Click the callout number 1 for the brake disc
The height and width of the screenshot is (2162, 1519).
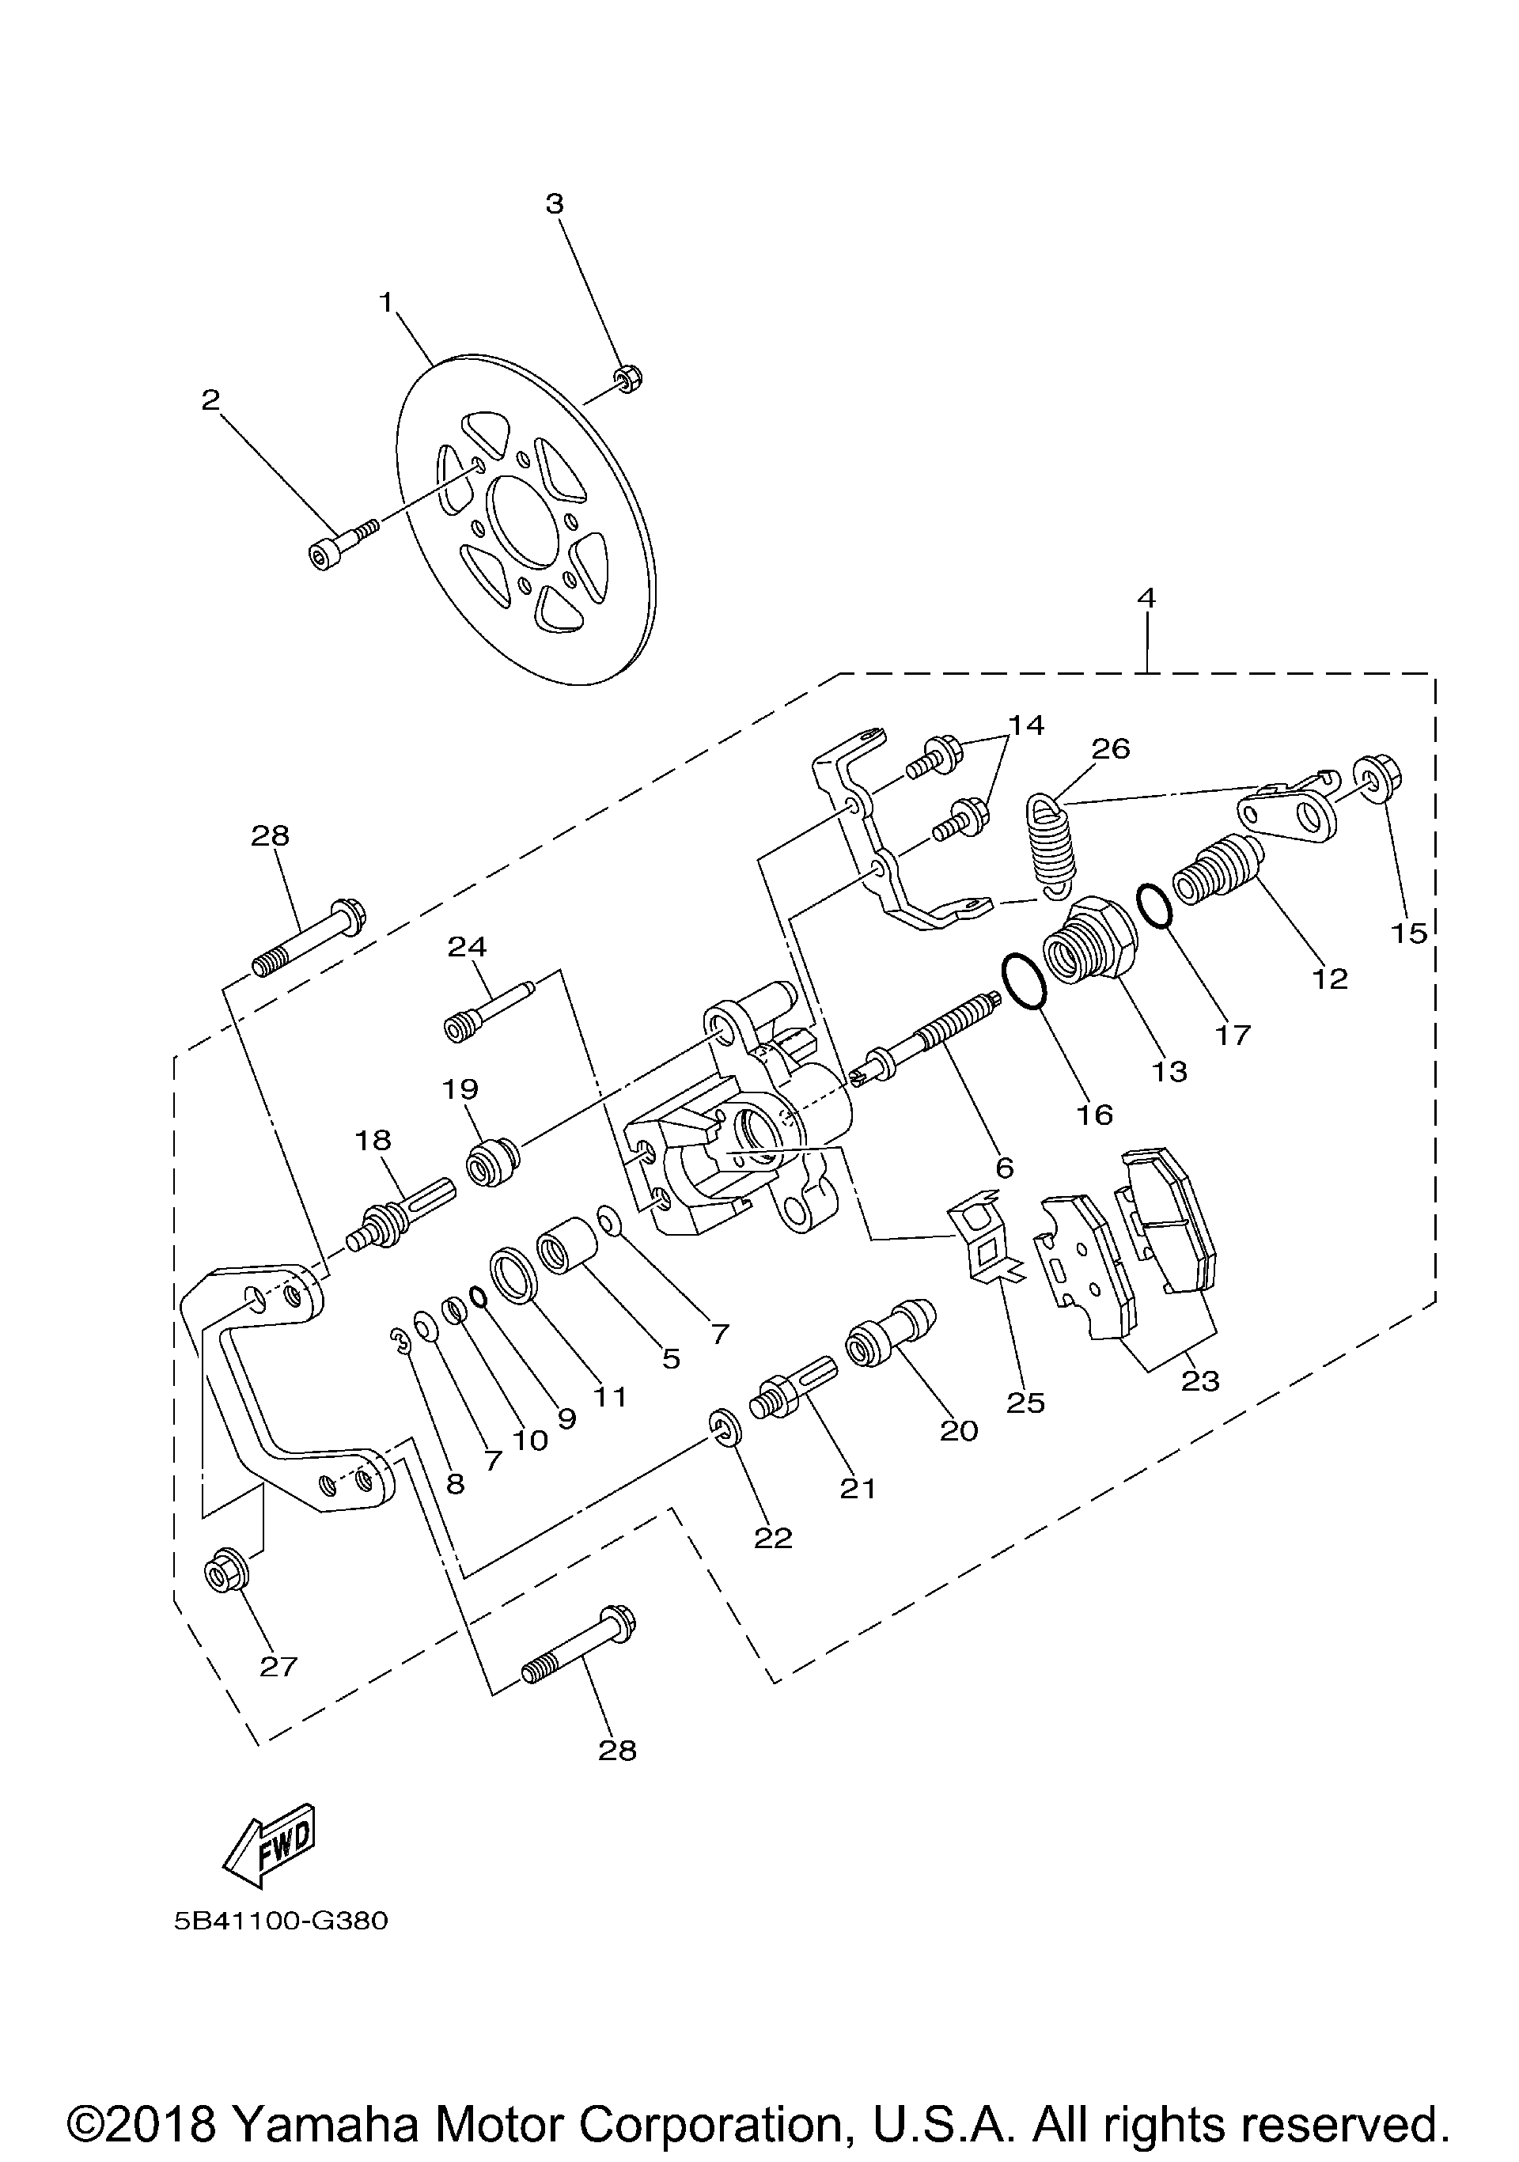[385, 302]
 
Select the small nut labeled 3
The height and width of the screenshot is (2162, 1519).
[628, 380]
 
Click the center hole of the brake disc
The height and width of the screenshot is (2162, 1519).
[525, 521]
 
